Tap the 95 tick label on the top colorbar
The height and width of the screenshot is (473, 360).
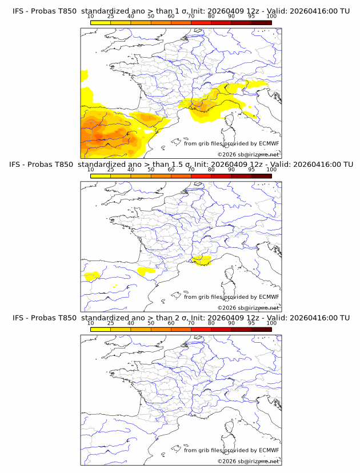(x=251, y=16)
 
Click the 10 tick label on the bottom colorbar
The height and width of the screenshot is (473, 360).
(x=91, y=323)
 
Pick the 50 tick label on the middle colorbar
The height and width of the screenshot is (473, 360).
(x=151, y=170)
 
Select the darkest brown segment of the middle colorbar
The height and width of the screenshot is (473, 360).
(x=262, y=175)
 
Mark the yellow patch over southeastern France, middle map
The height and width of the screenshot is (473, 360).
(x=201, y=260)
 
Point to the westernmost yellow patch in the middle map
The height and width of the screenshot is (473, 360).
(x=91, y=276)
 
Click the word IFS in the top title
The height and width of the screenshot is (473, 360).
(x=19, y=10)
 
